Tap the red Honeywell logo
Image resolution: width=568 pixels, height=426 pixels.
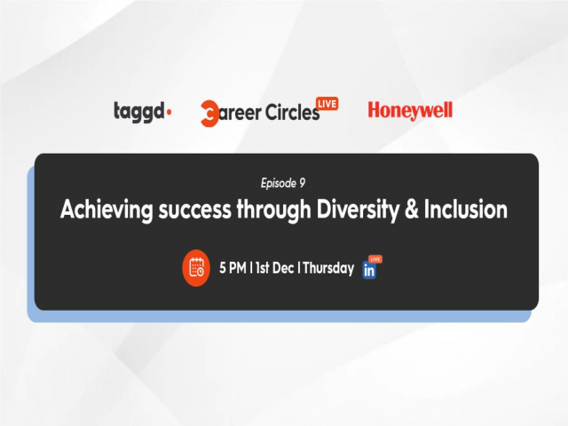click(410, 111)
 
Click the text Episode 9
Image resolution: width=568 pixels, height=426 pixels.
click(283, 184)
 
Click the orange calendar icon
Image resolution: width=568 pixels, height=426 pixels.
click(196, 268)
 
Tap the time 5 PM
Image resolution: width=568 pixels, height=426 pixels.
click(233, 268)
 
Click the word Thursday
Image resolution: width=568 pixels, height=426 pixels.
click(328, 268)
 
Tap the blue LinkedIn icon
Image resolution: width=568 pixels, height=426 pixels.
click(369, 272)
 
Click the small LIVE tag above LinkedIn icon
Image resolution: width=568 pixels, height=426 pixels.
click(375, 259)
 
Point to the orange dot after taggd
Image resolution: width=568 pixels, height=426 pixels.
click(170, 113)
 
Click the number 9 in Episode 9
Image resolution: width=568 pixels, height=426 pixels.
click(303, 184)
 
